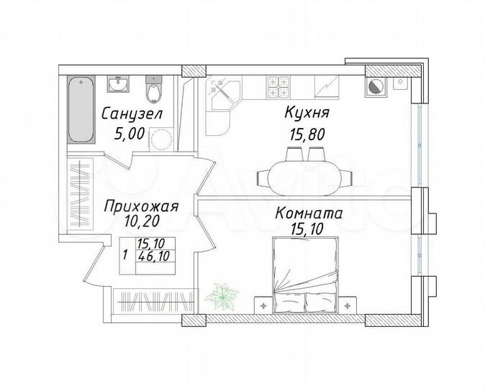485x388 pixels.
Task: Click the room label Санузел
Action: [x=132, y=114]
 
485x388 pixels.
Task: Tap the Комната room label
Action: [x=309, y=213]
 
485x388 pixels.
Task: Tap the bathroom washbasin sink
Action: [x=118, y=84]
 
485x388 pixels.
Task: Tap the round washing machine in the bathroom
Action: [x=160, y=139]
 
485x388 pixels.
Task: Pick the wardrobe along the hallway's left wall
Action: [x=79, y=193]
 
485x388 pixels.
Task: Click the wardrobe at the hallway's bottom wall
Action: [x=154, y=300]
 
